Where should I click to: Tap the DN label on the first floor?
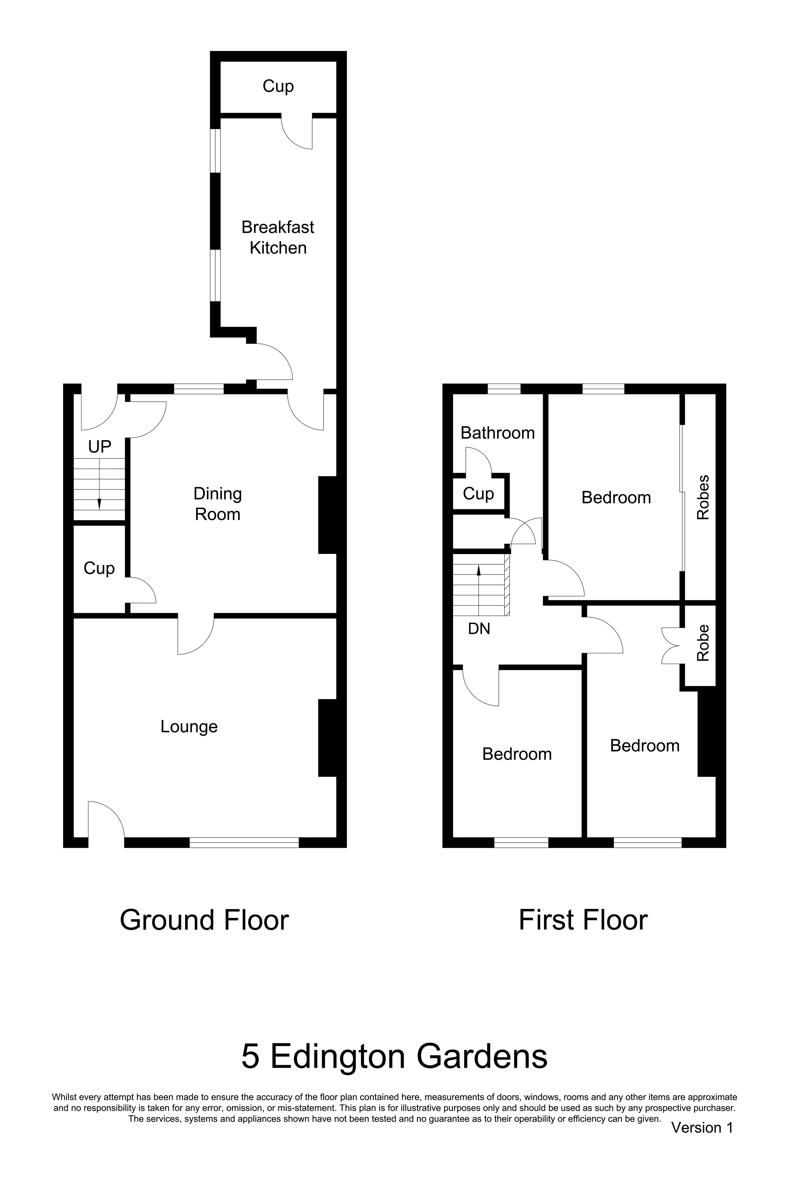(x=479, y=629)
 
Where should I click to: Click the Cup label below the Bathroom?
(x=478, y=494)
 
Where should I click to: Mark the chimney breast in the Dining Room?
(x=327, y=515)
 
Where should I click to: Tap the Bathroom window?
(x=504, y=389)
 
